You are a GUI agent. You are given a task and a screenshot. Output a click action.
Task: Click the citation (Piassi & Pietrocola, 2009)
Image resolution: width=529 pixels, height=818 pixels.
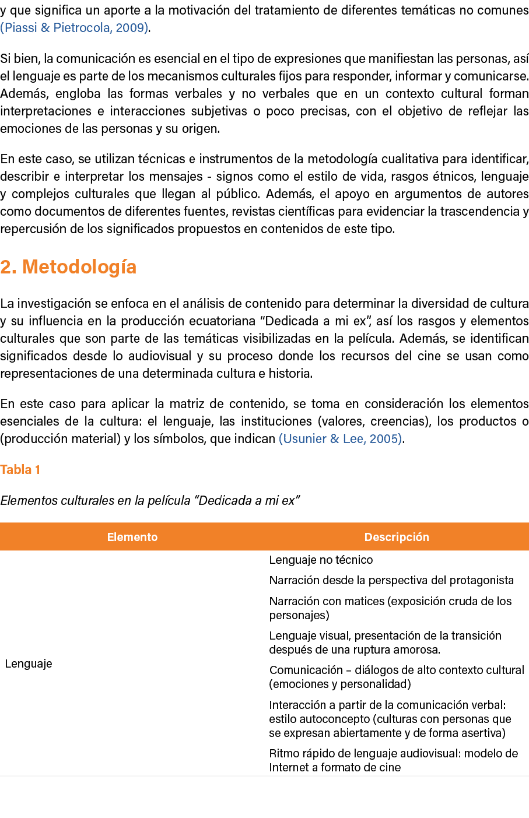pyautogui.click(x=75, y=28)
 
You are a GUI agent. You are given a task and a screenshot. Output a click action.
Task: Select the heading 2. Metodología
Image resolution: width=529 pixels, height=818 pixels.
pyautogui.click(x=68, y=267)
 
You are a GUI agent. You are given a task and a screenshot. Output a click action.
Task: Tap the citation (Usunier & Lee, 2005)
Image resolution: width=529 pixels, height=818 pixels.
pyautogui.click(x=341, y=438)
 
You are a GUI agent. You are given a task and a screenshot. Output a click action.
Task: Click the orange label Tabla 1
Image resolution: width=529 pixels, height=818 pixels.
pyautogui.click(x=20, y=469)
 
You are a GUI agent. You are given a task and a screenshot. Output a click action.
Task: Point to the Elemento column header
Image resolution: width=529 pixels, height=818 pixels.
pyautogui.click(x=132, y=537)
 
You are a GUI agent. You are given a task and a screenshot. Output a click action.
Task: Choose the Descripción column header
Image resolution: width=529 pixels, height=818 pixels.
pyautogui.click(x=397, y=537)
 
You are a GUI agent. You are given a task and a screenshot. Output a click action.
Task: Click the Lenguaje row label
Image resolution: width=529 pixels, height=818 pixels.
pyautogui.click(x=29, y=663)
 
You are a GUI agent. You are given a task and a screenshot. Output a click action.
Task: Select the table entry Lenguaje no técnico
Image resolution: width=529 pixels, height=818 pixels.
pyautogui.click(x=321, y=560)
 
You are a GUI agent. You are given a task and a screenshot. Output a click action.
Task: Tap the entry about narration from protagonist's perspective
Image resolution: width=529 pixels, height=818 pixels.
pyautogui.click(x=391, y=580)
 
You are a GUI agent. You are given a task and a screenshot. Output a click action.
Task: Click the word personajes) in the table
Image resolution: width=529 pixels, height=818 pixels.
pyautogui.click(x=299, y=615)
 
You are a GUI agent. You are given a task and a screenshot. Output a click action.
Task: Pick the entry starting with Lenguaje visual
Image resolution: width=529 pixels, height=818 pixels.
pyautogui.click(x=386, y=643)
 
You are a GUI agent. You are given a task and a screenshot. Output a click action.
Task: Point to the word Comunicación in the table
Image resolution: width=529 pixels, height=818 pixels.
pyautogui.click(x=306, y=670)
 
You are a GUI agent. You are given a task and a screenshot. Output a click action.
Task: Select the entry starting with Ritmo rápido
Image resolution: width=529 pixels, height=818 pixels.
pyautogui.click(x=394, y=760)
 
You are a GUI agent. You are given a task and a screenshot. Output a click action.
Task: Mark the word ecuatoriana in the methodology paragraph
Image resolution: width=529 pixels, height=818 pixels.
pyautogui.click(x=225, y=321)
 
